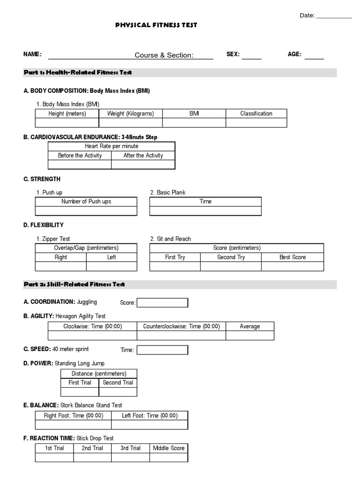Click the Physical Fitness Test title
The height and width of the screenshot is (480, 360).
coord(156,25)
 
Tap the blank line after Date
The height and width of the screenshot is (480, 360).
coord(334,16)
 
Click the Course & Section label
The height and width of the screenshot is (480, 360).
coord(164,55)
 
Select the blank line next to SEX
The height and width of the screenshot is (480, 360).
coord(252,56)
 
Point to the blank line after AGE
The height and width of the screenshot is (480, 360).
coord(314,56)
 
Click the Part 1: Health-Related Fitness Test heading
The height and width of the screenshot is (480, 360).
coord(78,73)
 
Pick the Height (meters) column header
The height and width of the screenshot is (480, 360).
coord(67,113)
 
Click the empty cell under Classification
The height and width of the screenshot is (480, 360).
coord(256,123)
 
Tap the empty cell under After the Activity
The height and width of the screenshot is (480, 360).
coord(143,165)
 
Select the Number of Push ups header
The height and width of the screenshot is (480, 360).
coord(86,202)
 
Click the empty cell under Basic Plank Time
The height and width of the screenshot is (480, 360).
coord(205,211)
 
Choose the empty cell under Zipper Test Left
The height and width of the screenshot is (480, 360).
coord(112,266)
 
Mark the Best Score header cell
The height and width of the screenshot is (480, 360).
coord(292,257)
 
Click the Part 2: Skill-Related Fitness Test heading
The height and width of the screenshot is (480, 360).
coord(75,285)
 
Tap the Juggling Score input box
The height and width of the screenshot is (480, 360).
coord(162,303)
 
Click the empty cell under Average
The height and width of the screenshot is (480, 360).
coord(250,336)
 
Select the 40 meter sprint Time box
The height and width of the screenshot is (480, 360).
coord(162,350)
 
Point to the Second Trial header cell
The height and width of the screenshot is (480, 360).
coord(118,382)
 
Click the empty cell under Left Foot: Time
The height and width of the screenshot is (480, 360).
coord(150,425)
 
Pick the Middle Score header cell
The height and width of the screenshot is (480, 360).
coord(169,448)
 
